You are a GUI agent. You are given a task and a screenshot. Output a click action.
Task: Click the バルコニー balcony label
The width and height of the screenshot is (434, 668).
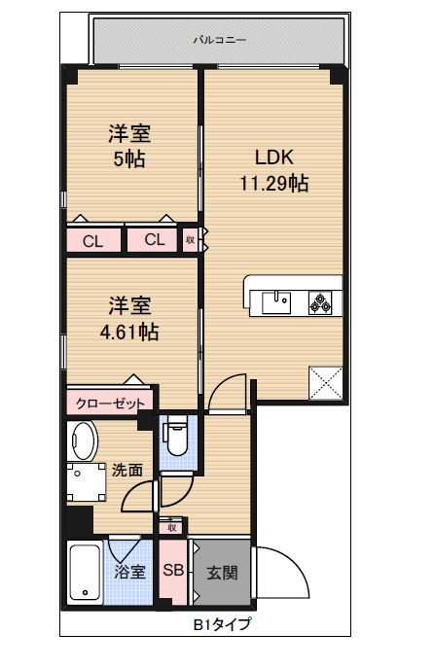point(220,40)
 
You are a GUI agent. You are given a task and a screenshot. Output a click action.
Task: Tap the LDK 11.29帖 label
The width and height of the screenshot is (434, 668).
point(274,170)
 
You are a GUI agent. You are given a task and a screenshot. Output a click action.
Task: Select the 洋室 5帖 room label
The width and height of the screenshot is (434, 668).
point(129,146)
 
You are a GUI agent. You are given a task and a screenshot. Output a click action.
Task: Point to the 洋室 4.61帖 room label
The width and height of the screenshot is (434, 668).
point(129,319)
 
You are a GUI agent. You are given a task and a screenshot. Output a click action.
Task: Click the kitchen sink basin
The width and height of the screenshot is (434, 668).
point(276,303)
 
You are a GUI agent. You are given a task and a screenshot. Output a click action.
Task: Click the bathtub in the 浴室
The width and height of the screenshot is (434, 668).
point(85,572)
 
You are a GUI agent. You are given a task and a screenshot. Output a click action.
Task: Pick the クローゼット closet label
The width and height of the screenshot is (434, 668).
point(110,404)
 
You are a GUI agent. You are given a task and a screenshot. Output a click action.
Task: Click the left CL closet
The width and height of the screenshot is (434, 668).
point(93,241)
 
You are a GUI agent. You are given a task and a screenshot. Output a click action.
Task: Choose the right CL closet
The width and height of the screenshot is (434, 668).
point(152,240)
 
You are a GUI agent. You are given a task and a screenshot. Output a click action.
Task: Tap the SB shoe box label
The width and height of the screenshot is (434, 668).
point(173,570)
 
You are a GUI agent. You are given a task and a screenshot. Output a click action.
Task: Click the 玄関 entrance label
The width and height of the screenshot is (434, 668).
point(222,573)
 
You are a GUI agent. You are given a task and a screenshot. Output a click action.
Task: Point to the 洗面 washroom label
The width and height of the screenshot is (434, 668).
point(127,470)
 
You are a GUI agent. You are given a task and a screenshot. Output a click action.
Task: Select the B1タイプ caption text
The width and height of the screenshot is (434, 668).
point(223,624)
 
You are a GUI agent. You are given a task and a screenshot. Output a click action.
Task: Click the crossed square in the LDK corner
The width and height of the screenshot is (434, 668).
point(326,382)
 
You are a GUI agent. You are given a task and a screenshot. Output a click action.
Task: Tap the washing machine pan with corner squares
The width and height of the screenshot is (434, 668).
point(86,482)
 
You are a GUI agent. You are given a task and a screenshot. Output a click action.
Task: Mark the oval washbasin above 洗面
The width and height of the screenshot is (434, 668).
point(83,440)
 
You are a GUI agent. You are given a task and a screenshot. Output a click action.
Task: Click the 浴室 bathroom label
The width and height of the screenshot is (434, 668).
point(129,572)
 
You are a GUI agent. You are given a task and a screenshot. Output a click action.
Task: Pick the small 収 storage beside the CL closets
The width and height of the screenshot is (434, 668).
point(190,240)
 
